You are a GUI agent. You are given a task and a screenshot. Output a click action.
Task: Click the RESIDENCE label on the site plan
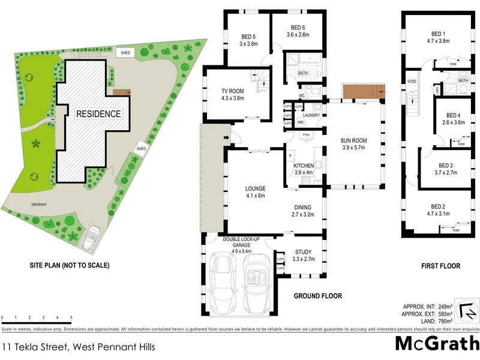98,113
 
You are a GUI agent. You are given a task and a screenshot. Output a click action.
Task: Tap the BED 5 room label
248,35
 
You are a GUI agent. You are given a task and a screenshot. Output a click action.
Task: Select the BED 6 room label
298,28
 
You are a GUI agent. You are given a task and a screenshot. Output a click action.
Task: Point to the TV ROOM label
233,91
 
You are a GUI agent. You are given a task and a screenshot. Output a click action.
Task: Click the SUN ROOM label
354,141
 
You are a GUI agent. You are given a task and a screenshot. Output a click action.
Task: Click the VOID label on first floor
412,81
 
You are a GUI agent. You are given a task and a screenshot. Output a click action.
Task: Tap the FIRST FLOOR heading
440,265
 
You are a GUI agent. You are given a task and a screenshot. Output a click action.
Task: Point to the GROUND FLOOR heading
317,296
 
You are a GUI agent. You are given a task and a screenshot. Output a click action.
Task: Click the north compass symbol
467,310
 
